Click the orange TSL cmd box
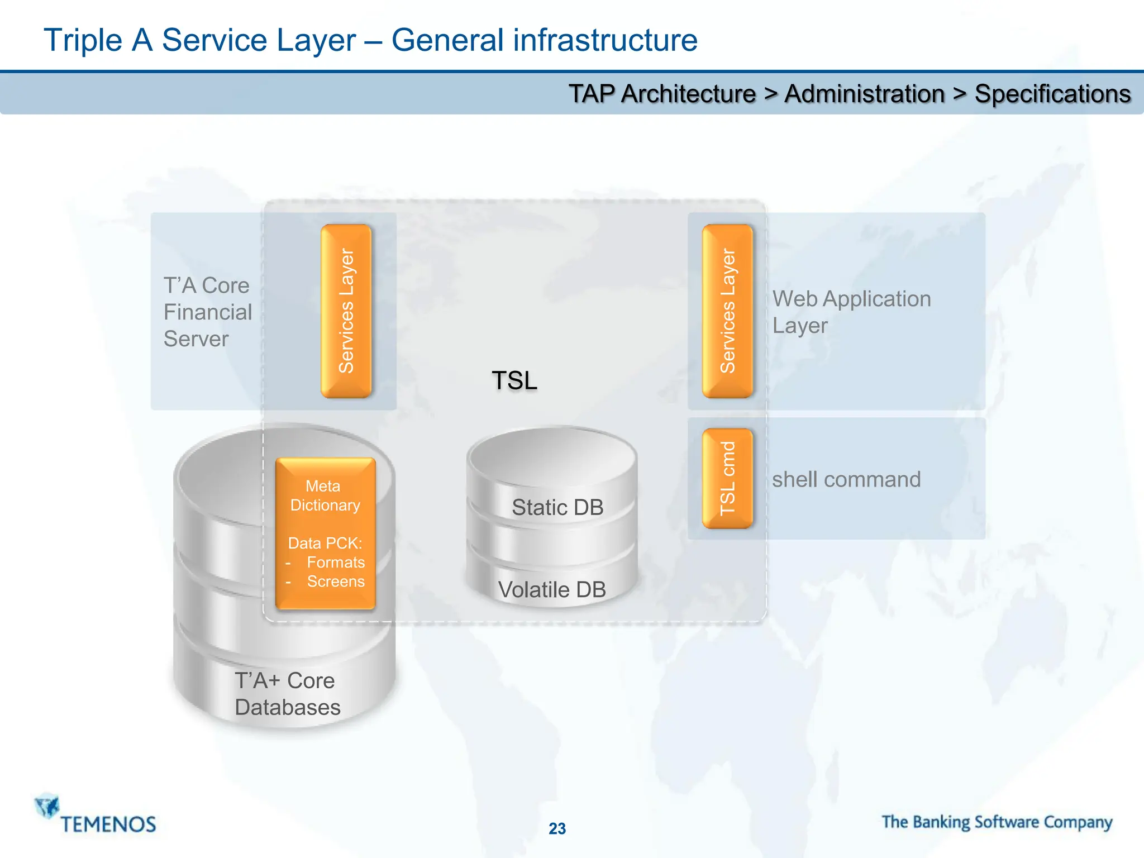(727, 478)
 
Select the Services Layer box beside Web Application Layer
(727, 311)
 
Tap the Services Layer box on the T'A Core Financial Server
(346, 311)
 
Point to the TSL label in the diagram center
(514, 380)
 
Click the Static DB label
(557, 507)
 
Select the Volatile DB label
(552, 589)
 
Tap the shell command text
(846, 479)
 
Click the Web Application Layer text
(851, 312)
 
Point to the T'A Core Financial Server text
(207, 312)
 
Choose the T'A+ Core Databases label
(287, 694)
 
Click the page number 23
(557, 828)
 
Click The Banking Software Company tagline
(997, 822)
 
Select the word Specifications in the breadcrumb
(1052, 94)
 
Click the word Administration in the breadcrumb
(864, 94)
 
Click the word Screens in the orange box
(336, 581)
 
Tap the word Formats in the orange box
(336, 562)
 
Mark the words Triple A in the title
(98, 40)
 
